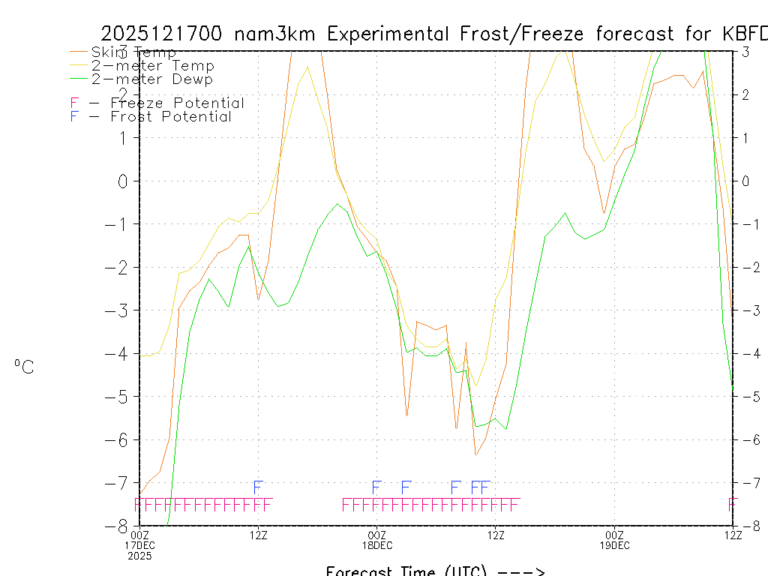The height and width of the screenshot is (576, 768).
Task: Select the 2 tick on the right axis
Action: [x=745, y=94]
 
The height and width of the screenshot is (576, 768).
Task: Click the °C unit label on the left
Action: [x=24, y=367]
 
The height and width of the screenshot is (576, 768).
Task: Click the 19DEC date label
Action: [x=614, y=544]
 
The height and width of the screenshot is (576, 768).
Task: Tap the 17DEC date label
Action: [x=139, y=544]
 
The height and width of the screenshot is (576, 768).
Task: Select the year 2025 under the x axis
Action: [x=139, y=556]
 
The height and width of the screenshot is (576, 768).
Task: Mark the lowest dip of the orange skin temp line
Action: [x=475, y=454]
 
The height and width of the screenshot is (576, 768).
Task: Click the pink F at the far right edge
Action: [x=733, y=504]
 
